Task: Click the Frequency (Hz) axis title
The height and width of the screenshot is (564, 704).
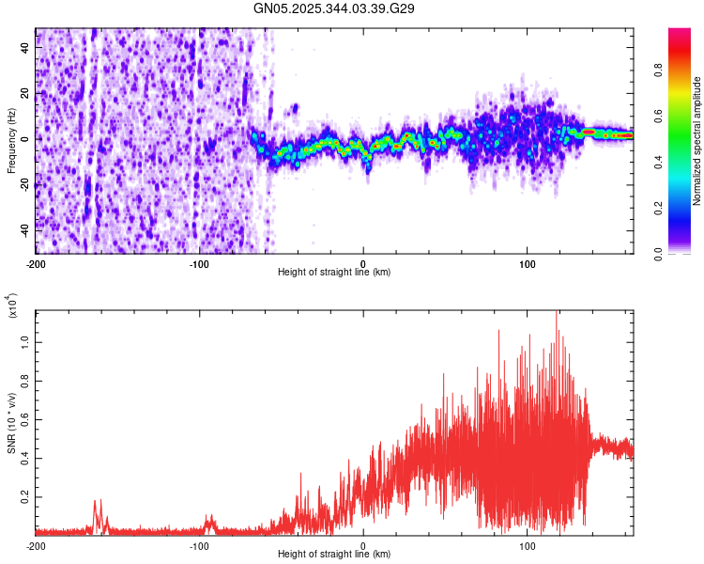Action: [x=11, y=141]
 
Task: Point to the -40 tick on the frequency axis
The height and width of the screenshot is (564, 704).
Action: [x=23, y=228]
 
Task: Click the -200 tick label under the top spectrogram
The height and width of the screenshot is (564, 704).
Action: [x=36, y=263]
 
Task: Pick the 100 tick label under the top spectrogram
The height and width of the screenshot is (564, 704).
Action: [x=528, y=263]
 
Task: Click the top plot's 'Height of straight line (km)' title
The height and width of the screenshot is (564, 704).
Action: [x=334, y=273]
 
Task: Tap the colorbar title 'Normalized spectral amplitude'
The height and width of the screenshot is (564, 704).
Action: [x=696, y=141]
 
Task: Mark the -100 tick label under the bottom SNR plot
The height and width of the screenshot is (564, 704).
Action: [x=199, y=545]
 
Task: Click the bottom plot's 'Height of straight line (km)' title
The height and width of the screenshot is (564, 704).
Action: [x=334, y=555]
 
